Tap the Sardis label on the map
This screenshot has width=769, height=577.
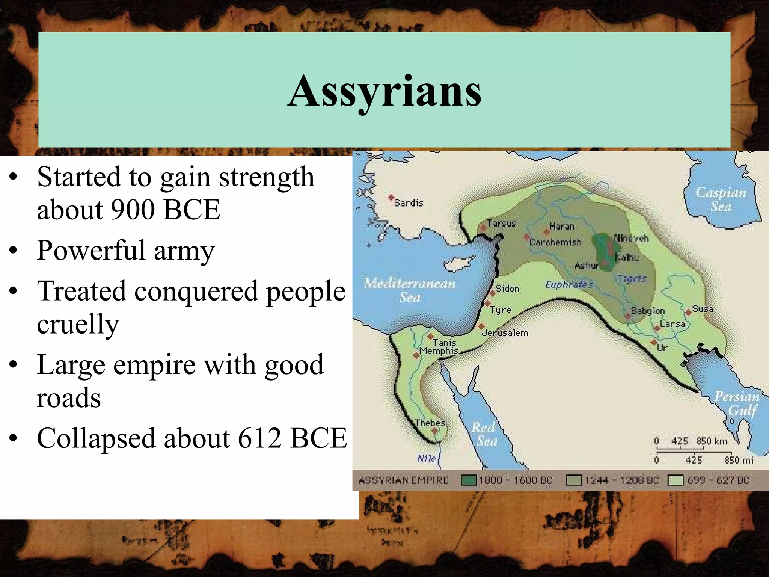click(408, 203)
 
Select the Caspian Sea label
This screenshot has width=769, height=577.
click(721, 199)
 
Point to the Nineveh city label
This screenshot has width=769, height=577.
click(631, 238)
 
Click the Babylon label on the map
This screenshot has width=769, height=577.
click(647, 311)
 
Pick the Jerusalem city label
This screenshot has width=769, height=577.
click(505, 333)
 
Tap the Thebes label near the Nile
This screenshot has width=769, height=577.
click(430, 423)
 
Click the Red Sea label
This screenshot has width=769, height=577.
click(484, 434)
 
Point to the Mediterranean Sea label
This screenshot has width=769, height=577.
click(409, 290)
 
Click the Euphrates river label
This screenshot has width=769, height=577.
click(569, 284)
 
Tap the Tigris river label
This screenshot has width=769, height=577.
click(632, 278)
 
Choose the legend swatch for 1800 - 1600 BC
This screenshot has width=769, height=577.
click(468, 480)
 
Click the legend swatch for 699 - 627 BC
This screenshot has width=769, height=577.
click(675, 480)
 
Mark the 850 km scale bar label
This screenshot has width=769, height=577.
click(711, 441)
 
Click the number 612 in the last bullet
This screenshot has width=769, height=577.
click(259, 438)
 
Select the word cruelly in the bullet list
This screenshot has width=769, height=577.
click(78, 324)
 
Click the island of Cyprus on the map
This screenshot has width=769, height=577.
click(459, 262)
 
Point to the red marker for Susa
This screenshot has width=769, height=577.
click(688, 312)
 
